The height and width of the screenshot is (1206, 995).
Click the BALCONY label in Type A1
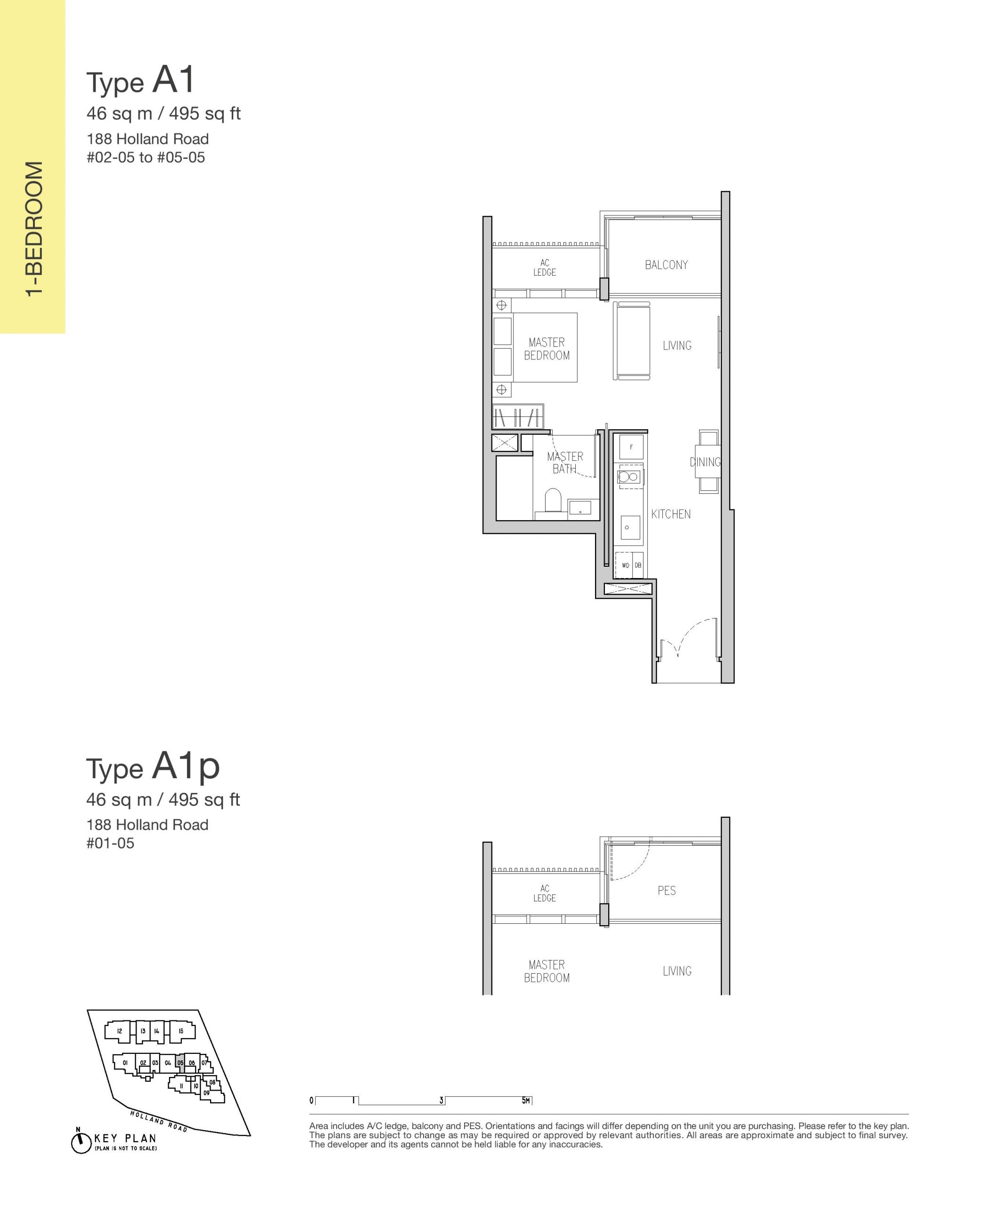(666, 265)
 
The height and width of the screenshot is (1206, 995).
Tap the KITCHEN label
(670, 514)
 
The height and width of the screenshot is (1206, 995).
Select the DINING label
(705, 462)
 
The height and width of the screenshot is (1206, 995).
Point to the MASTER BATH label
(565, 463)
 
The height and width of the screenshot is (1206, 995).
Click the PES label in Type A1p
(667, 890)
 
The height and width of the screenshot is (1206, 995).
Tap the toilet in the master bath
(553, 500)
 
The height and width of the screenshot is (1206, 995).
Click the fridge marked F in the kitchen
(631, 447)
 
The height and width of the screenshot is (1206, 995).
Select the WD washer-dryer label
(625, 565)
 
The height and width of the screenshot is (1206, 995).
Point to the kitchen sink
(630, 527)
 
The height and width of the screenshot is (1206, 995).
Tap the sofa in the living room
(632, 341)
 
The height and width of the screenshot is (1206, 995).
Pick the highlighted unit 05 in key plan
(180, 1063)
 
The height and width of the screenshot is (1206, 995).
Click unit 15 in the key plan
(180, 1031)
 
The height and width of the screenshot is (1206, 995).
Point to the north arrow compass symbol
(81, 1142)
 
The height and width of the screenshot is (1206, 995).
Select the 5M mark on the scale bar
(526, 1100)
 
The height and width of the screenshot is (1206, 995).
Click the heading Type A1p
(153, 766)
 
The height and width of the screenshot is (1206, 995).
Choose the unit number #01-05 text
(110, 843)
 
